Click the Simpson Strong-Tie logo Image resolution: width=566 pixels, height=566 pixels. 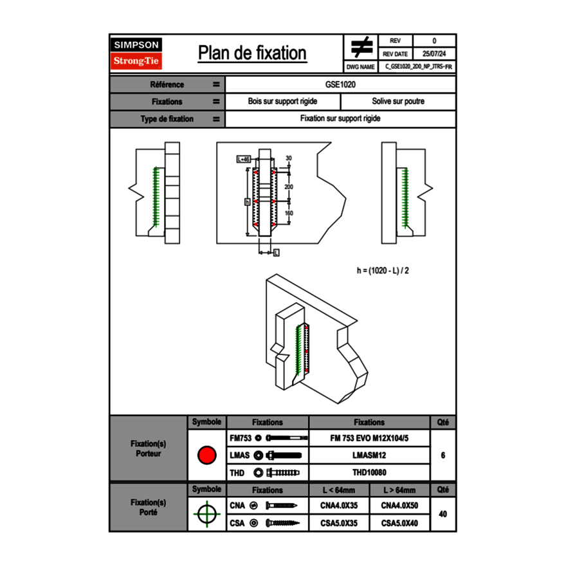(137, 53)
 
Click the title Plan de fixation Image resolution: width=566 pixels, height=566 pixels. (252, 53)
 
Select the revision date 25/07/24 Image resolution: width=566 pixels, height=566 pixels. (434, 54)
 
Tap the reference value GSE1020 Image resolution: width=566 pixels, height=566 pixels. (341, 84)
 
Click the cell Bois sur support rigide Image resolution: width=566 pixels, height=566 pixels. (283, 102)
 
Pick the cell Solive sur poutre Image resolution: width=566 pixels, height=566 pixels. (398, 102)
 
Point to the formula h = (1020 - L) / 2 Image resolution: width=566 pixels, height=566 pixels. (383, 270)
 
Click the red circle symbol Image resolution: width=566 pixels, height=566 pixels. (206, 455)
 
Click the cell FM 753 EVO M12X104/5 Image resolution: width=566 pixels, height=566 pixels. (369, 438)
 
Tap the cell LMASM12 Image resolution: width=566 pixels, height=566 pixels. (369, 455)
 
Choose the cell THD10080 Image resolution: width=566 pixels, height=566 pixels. (369, 473)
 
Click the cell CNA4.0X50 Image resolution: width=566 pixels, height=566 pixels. (399, 506)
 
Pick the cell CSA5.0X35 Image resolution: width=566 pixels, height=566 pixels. (339, 524)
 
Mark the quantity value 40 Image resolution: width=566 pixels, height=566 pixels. (443, 514)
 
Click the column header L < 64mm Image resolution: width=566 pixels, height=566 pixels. (339, 490)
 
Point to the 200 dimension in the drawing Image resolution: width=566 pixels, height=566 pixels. (289, 187)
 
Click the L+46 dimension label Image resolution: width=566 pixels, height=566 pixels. (243, 159)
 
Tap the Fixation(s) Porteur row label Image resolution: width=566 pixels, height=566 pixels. (149, 448)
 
